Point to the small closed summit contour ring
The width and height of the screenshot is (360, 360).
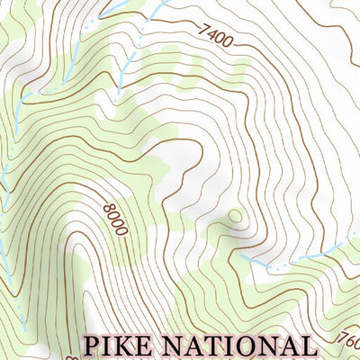coord(235,215)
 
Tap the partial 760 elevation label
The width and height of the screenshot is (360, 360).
coord(351,343)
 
